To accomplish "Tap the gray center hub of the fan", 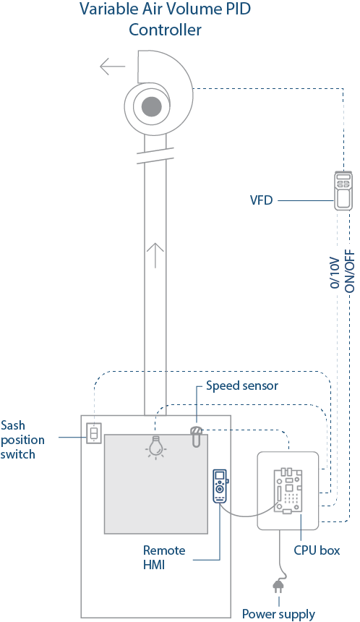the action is pyautogui.click(x=152, y=106).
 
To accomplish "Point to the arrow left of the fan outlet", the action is pyautogui.click(x=113, y=67).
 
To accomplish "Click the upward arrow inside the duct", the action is pyautogui.click(x=155, y=255).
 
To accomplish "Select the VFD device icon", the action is pyautogui.click(x=343, y=190).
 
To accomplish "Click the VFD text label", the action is pyautogui.click(x=261, y=200).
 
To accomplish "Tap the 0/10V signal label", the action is pyautogui.click(x=335, y=272).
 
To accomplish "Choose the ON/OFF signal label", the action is pyautogui.click(x=349, y=271).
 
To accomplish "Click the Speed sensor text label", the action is pyautogui.click(x=242, y=385).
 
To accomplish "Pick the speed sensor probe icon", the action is pyautogui.click(x=197, y=436).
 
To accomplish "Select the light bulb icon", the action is pyautogui.click(x=156, y=447).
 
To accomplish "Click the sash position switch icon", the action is pyautogui.click(x=94, y=433).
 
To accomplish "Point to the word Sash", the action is pyautogui.click(x=13, y=425).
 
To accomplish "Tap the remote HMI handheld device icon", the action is pyautogui.click(x=220, y=486).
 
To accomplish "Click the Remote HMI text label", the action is pyautogui.click(x=164, y=558).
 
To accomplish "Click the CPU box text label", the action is pyautogui.click(x=317, y=550).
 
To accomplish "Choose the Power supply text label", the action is pyautogui.click(x=278, y=613).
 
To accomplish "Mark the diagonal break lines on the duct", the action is pyautogui.click(x=155, y=155).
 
